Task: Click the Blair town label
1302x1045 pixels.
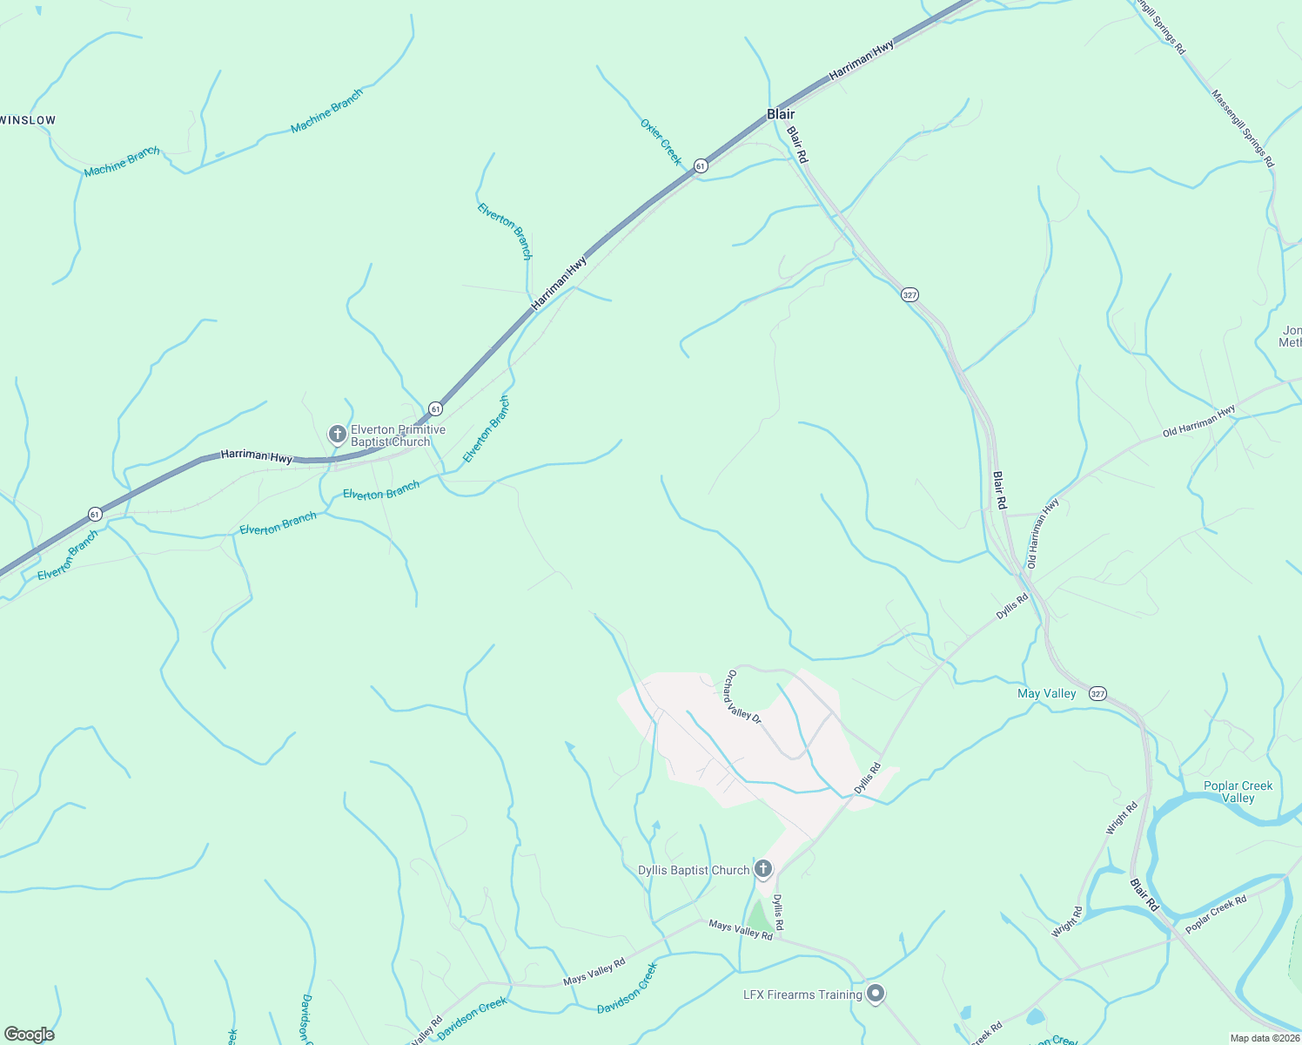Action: coord(781,114)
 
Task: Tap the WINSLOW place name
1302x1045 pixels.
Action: coord(28,120)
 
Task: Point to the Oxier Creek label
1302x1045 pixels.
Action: coord(661,142)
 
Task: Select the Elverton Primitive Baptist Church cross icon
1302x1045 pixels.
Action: coord(337,434)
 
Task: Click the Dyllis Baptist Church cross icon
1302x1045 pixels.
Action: coord(763,868)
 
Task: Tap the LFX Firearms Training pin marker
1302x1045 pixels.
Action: coord(876,993)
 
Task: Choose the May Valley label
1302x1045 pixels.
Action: coord(1046,693)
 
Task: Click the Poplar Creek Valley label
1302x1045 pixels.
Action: coord(1238,792)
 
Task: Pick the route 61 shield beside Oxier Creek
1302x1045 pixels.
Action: coord(701,165)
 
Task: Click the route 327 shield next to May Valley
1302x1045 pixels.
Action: coord(1097,694)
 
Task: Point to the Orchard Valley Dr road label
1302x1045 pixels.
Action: coord(744,697)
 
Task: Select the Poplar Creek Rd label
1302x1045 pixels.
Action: coord(1216,914)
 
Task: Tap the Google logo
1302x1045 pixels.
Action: coord(30,1034)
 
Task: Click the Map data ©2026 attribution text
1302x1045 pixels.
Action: coord(1265,1038)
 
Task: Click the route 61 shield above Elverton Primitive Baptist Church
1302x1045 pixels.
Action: coord(435,408)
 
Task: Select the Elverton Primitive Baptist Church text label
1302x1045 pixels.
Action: coord(398,435)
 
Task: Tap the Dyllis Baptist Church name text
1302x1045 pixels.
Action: coord(694,870)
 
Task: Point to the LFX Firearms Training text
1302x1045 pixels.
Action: coord(802,994)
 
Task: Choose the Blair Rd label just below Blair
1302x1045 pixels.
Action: coord(797,145)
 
